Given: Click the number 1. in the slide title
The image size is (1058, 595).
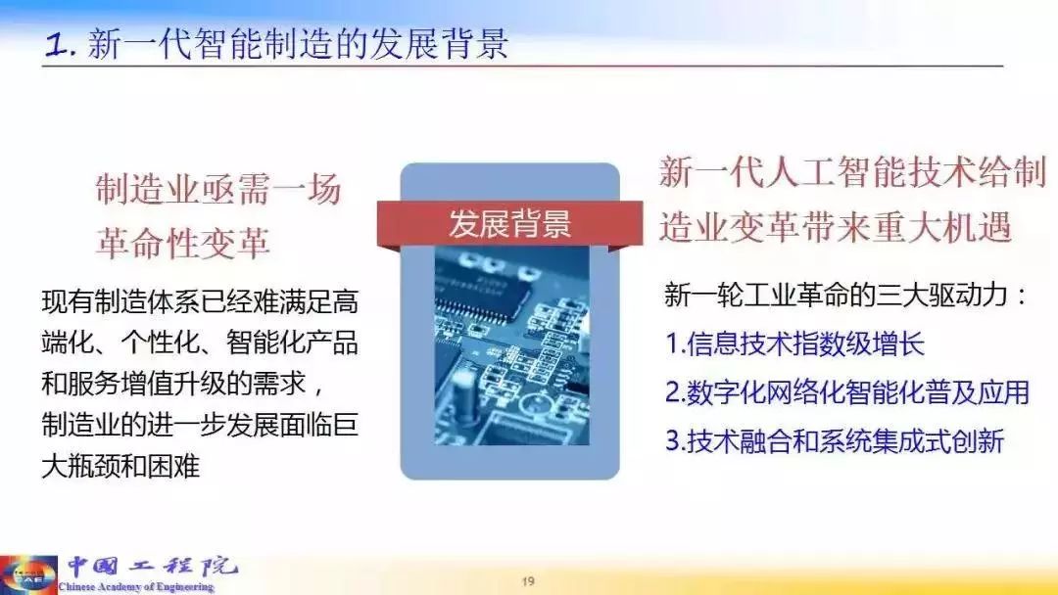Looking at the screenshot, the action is click(60, 45).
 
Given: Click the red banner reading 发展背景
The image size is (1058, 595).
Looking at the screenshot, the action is click(509, 224).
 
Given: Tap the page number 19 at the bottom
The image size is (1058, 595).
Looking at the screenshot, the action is click(528, 581).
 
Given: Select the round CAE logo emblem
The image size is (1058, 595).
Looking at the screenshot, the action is click(28, 574).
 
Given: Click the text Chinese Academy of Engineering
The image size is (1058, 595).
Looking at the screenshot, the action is click(135, 587).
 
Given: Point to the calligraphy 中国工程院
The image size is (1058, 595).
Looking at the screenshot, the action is click(153, 567).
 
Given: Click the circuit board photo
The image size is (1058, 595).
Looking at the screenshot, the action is click(510, 345).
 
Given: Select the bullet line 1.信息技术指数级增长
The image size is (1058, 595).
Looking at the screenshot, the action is click(794, 343).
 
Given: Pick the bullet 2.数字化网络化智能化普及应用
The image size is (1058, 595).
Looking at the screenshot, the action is click(847, 392).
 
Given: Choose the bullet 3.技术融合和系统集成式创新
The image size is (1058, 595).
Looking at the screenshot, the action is click(835, 440).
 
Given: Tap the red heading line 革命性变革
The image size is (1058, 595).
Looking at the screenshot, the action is click(183, 243).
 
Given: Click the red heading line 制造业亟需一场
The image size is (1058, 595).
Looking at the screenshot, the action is click(217, 189).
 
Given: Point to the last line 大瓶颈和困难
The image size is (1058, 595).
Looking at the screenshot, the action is click(120, 466).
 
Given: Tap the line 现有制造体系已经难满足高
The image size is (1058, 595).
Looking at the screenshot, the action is click(200, 300).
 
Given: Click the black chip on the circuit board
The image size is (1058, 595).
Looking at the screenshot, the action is click(480, 289).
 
